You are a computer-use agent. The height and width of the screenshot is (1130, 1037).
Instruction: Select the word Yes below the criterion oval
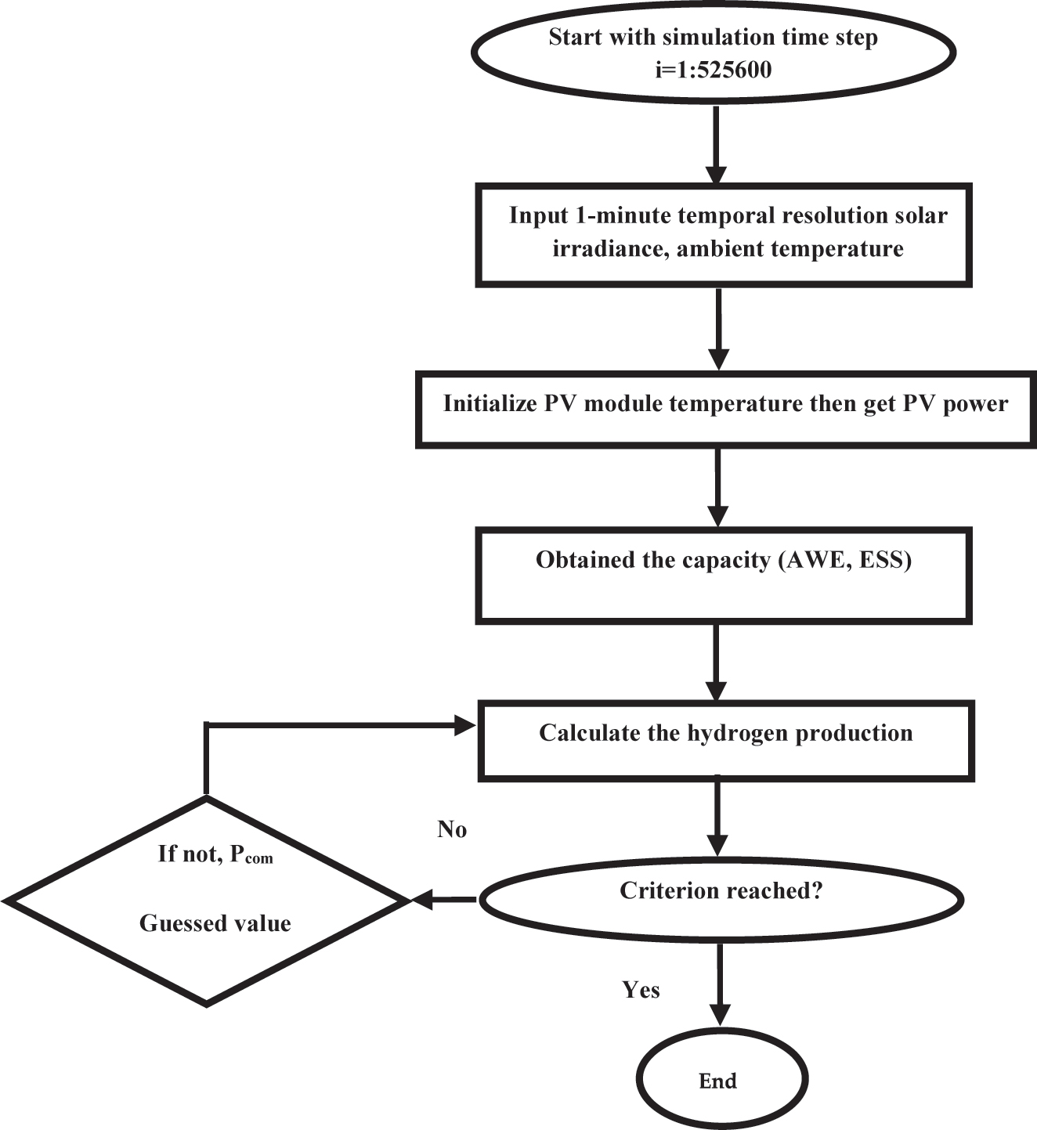(x=641, y=990)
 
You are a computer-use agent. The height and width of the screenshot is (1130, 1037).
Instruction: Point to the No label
(x=452, y=829)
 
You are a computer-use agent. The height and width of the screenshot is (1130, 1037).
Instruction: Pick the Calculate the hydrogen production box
(x=725, y=740)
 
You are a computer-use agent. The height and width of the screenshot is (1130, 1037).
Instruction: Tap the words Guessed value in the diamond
(x=215, y=923)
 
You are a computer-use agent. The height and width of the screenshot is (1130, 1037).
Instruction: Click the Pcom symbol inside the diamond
(x=251, y=854)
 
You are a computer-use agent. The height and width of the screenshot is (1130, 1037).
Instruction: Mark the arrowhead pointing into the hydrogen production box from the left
(x=465, y=726)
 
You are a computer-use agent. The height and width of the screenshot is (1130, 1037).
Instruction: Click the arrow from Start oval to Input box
(x=716, y=145)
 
